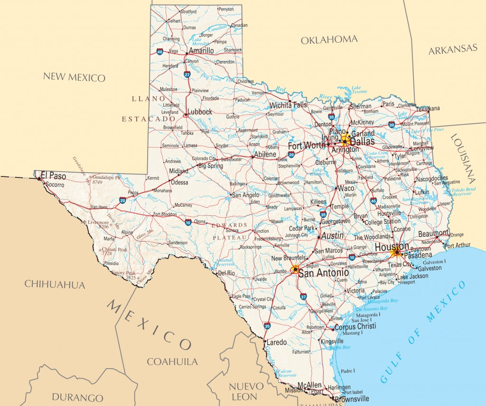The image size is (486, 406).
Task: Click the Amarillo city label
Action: tap(201, 50)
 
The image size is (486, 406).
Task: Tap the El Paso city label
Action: tap(53, 176)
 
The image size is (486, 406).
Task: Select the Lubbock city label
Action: tap(200, 112)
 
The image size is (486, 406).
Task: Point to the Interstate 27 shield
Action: tap(187, 74)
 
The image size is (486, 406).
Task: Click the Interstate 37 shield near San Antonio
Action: tap(303, 296)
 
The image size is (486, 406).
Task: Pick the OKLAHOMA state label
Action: tap(329, 40)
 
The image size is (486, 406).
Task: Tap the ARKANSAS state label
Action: tap(452, 49)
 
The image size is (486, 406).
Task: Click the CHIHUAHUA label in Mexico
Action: tap(55, 285)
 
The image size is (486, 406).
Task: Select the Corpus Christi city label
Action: tap(355, 326)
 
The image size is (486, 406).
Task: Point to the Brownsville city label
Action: tap(352, 399)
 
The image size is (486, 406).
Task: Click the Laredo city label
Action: tap(276, 342)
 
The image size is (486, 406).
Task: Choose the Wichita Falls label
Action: tap(288, 105)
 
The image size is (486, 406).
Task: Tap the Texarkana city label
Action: tap(429, 109)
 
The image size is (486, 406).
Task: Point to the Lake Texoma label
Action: tap(359, 90)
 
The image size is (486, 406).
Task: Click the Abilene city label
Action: tap(264, 155)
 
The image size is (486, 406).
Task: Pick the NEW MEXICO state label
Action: tap(74, 77)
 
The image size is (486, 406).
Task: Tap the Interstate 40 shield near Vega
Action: tap(159, 52)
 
